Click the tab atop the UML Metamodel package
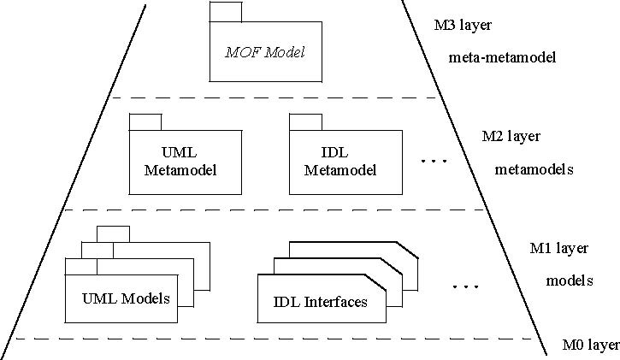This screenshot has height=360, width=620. tap(145, 121)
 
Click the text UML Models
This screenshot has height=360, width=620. tap(126, 298)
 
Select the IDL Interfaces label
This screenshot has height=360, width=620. tap(321, 301)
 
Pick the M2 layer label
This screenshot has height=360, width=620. tap(511, 136)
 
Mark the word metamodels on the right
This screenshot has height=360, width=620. tap(533, 169)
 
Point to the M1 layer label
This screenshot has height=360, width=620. tap(560, 248)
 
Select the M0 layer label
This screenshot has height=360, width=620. tap(590, 345)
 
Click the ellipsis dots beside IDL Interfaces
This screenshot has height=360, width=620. tap(465, 286)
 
